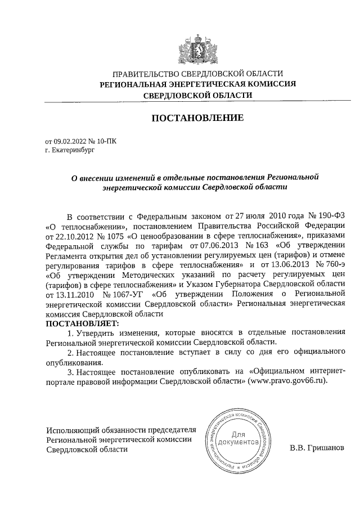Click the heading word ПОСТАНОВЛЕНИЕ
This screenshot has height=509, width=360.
(197, 118)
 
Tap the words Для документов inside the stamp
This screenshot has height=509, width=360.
(238, 438)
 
